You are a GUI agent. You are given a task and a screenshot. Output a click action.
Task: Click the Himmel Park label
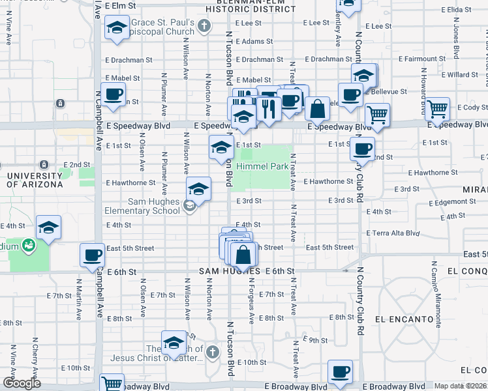tap(262, 167)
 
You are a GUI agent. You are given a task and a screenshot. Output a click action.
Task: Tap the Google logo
tap(21, 383)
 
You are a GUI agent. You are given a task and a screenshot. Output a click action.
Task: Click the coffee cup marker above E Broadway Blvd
tap(339, 371)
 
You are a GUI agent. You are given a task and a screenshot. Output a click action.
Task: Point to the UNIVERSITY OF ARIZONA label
tap(35, 180)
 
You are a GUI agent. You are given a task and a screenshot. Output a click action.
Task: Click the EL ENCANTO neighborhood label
tap(404, 319)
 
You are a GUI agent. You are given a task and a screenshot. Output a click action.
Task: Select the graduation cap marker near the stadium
tap(48, 227)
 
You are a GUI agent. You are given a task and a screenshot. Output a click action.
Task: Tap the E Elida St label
tap(456, 10)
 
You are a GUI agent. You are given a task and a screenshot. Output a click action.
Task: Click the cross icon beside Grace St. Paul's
tap(204, 26)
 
